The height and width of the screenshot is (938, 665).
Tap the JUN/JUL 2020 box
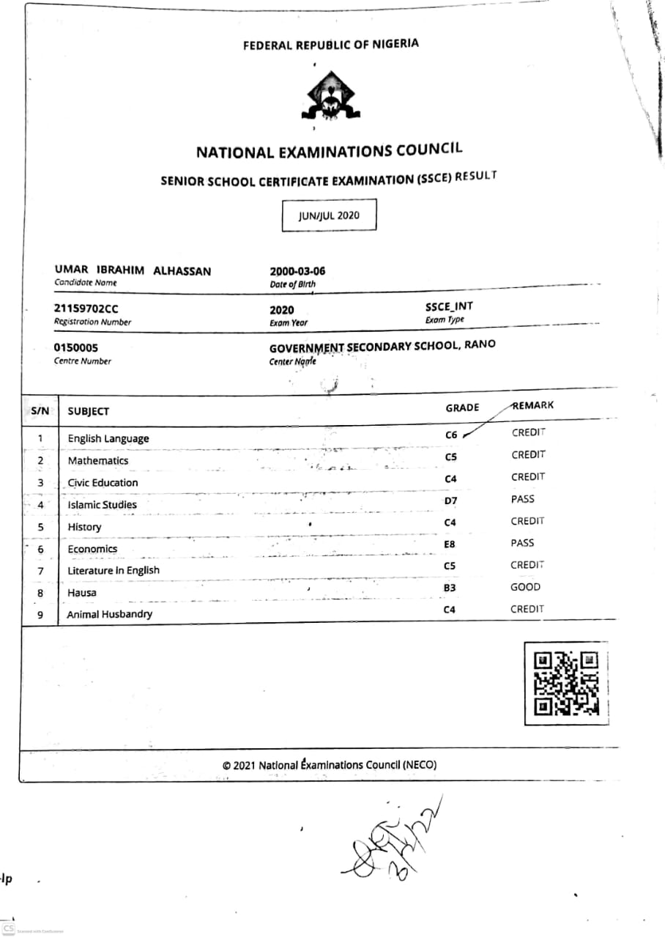click(329, 215)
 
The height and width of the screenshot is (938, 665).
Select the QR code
click(567, 683)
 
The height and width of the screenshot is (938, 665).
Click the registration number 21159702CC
click(86, 309)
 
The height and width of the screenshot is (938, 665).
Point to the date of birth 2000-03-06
click(297, 271)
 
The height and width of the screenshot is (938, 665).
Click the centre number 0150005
click(76, 348)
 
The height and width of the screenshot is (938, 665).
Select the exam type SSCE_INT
click(449, 307)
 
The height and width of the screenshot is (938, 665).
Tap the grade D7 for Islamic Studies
click(450, 501)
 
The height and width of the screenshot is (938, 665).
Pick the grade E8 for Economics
click(450, 545)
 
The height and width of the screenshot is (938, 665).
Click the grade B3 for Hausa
click(450, 588)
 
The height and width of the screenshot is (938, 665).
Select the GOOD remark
click(525, 587)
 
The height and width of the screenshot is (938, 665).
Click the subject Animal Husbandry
click(110, 614)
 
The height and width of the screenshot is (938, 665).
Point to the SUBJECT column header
click(88, 412)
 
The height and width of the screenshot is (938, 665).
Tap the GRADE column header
click(462, 407)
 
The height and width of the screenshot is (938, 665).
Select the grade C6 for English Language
click(451, 435)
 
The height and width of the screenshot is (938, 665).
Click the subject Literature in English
click(114, 570)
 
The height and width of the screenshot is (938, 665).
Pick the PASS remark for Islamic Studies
click(523, 499)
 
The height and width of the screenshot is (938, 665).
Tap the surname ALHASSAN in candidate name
click(182, 271)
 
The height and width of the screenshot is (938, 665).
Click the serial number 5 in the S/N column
click(40, 527)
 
